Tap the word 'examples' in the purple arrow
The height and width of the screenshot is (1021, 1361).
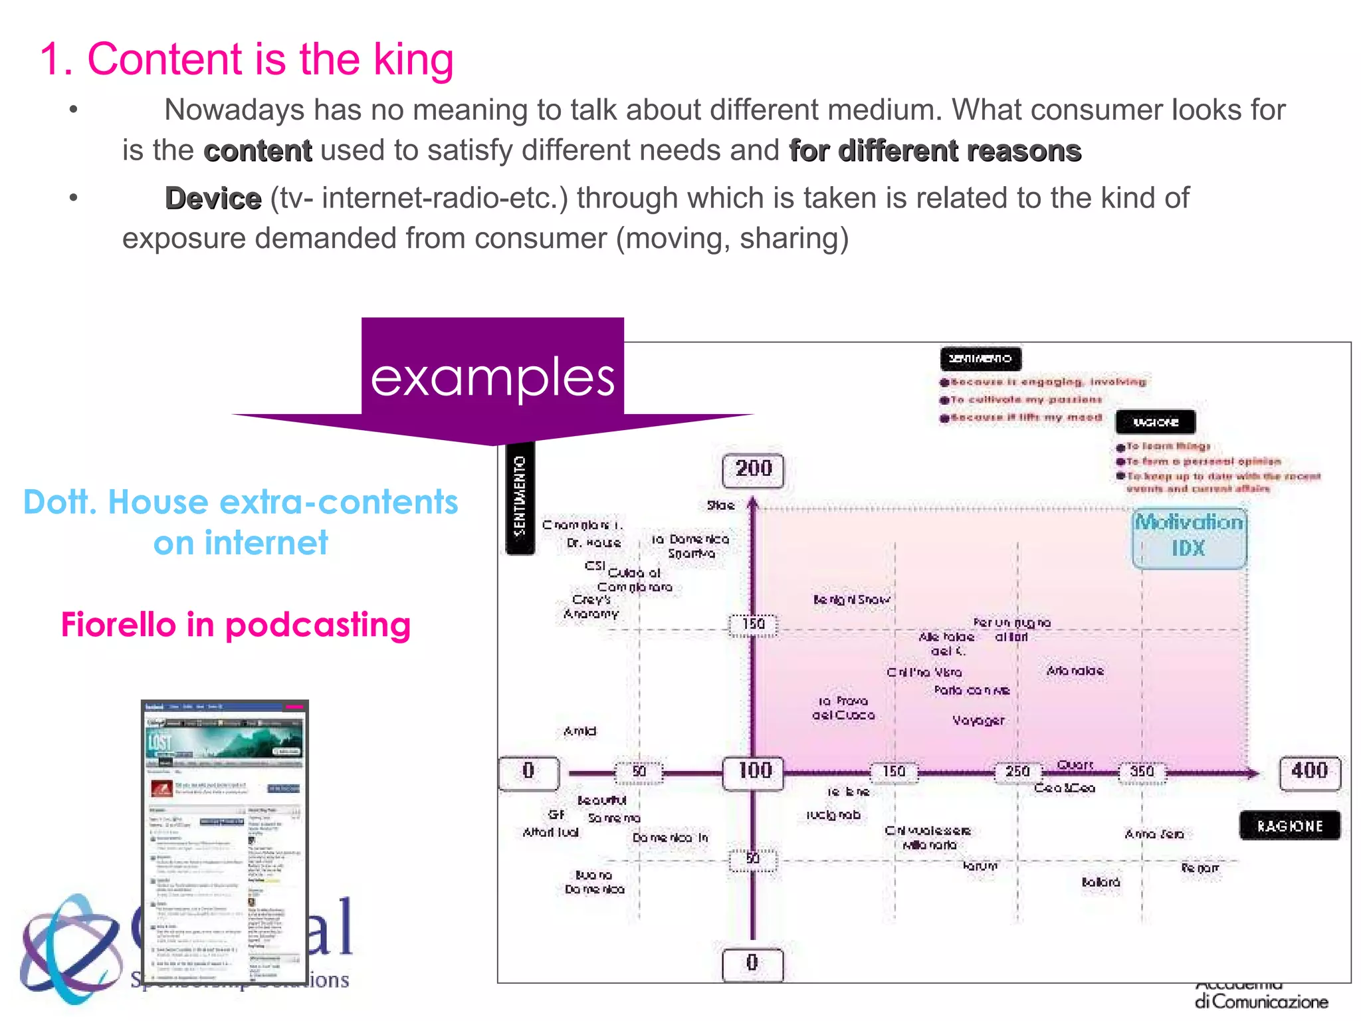(492, 378)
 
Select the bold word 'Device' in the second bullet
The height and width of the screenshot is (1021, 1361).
(213, 199)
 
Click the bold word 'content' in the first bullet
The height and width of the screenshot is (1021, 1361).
(257, 151)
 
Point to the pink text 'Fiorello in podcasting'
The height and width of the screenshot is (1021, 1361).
(236, 625)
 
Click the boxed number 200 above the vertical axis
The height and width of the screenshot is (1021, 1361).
(753, 470)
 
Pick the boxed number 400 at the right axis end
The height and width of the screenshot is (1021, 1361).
(1309, 772)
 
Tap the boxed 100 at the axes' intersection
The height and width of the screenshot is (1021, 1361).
(754, 772)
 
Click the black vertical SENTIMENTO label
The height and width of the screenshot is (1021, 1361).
(520, 497)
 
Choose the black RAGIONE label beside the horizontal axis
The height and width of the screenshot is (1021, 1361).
(1289, 826)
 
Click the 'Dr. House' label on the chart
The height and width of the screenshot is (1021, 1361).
(593, 543)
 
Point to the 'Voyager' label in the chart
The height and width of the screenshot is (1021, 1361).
(978, 721)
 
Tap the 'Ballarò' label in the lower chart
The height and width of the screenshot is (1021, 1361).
(1100, 883)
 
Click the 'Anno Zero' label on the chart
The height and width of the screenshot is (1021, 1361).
(1154, 834)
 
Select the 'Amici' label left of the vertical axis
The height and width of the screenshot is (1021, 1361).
(579, 732)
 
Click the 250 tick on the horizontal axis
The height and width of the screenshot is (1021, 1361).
(1017, 772)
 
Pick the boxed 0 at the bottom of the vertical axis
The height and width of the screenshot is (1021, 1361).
(752, 963)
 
